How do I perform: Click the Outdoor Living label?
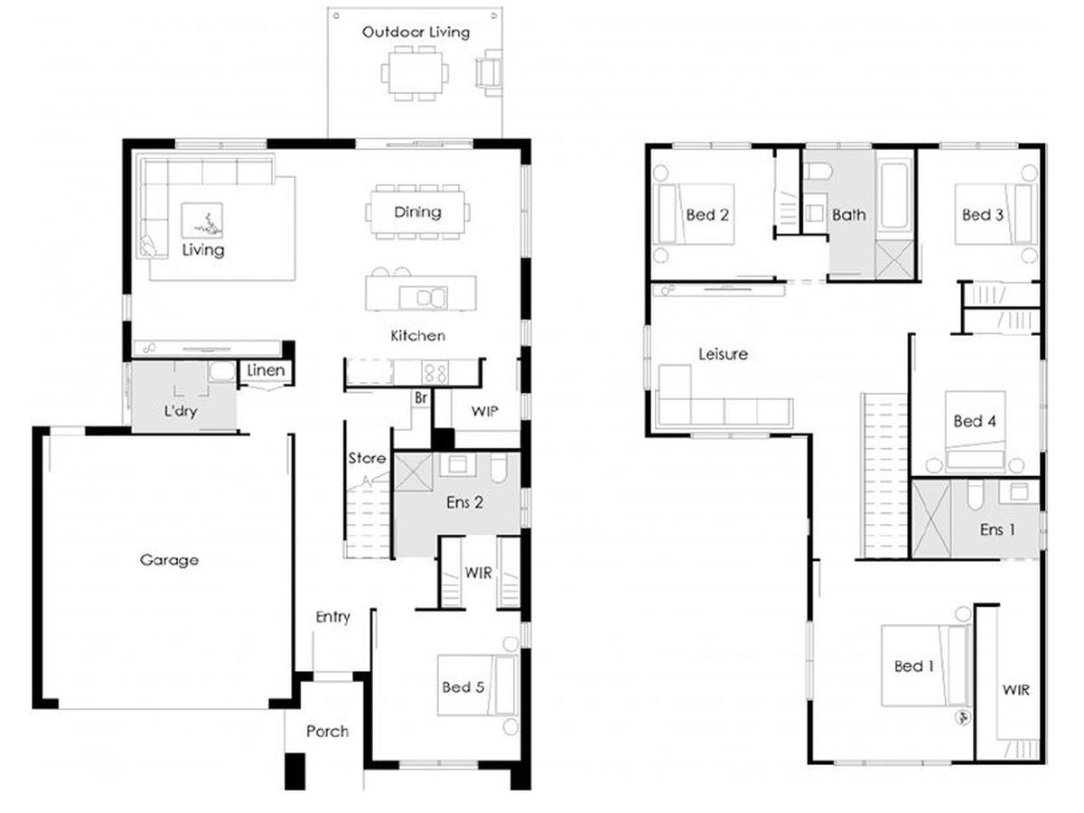pyautogui.click(x=416, y=33)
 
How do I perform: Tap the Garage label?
pyautogui.click(x=169, y=560)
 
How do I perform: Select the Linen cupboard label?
pyautogui.click(x=266, y=370)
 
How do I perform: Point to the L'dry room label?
pyautogui.click(x=181, y=411)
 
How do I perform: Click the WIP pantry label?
pyautogui.click(x=484, y=411)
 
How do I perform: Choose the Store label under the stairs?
pyautogui.click(x=367, y=458)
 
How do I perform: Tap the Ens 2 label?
pyautogui.click(x=464, y=502)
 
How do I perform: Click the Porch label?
pyautogui.click(x=327, y=731)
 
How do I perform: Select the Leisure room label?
pyautogui.click(x=723, y=354)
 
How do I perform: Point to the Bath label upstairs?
pyautogui.click(x=848, y=215)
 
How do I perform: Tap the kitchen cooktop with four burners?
pyautogui.click(x=435, y=372)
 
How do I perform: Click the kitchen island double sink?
pyautogui.click(x=424, y=298)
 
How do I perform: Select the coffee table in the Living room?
pyautogui.click(x=202, y=220)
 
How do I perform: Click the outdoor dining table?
pyautogui.click(x=415, y=73)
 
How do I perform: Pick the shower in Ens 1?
pyautogui.click(x=931, y=519)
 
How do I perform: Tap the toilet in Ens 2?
pyautogui.click(x=498, y=468)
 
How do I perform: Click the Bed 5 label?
pyautogui.click(x=463, y=687)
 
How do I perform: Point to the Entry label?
pyautogui.click(x=332, y=617)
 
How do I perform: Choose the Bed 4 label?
pyautogui.click(x=975, y=421)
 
